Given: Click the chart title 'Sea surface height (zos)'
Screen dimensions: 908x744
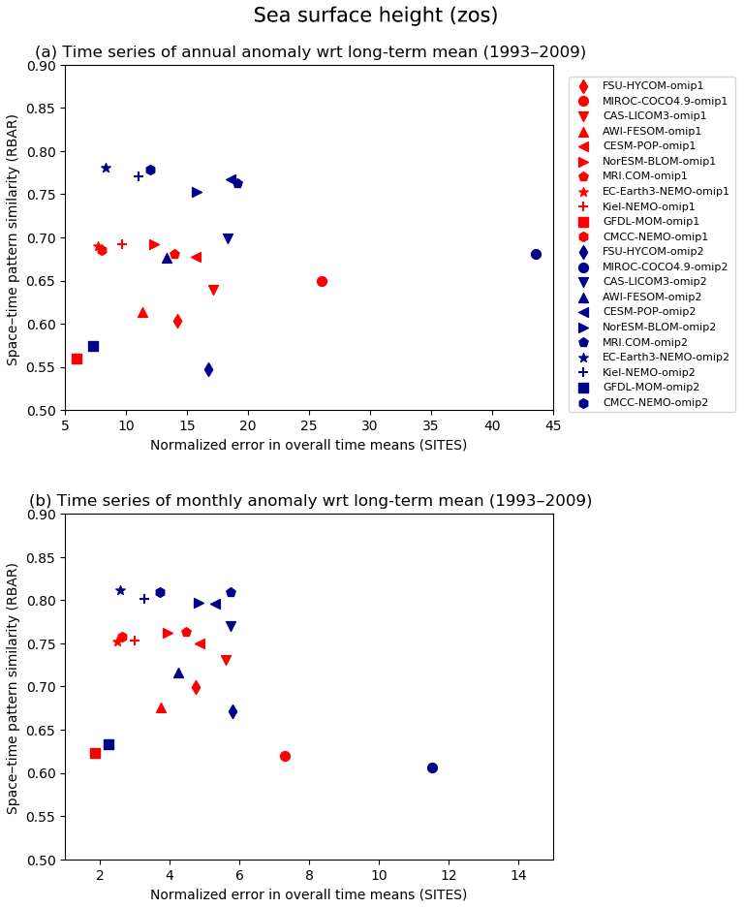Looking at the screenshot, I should tap(375, 16).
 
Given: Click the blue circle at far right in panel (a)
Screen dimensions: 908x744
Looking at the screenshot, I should tap(536, 254).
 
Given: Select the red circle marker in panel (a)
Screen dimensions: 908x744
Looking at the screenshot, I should tap(322, 281).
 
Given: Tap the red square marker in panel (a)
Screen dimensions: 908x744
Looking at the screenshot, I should tap(77, 359).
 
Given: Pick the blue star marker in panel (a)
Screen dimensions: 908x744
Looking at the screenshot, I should tap(106, 168).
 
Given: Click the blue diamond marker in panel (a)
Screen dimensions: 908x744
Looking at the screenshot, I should tap(208, 369).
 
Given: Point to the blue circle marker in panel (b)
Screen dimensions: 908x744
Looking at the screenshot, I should tap(432, 767).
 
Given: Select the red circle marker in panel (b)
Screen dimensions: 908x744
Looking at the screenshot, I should tap(285, 756).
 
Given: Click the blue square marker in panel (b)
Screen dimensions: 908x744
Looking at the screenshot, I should tap(108, 744).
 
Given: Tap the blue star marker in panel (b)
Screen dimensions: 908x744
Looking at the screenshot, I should tap(120, 590).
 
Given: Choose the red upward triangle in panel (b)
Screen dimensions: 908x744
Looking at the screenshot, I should tap(161, 707).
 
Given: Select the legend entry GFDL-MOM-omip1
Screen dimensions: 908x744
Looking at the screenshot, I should tap(651, 222).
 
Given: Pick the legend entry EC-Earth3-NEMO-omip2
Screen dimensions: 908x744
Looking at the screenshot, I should tap(666, 358).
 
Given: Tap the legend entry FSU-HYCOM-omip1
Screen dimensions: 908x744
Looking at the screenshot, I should tap(653, 86).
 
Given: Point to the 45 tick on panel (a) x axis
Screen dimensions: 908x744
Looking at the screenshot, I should tap(553, 424).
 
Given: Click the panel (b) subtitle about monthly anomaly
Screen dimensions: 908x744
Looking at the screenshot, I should tap(310, 501).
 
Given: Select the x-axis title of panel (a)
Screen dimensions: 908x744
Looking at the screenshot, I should tap(308, 445).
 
